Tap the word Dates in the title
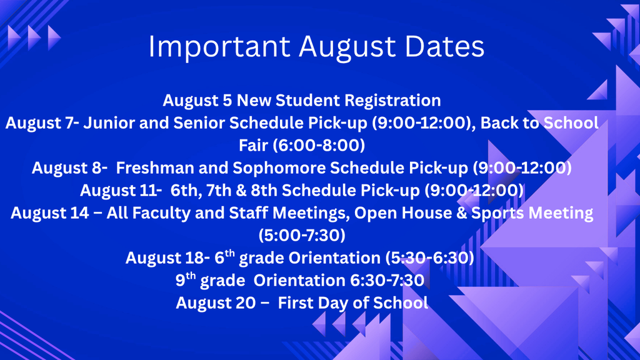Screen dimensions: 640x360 tap(444, 46)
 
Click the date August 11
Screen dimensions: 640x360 tap(119, 191)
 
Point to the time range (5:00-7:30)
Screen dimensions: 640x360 tap(302, 235)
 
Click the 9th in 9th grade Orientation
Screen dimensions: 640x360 tap(186, 279)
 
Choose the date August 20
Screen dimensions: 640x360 tap(216, 303)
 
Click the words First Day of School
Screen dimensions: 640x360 tap(353, 303)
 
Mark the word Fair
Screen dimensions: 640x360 tap(254, 145)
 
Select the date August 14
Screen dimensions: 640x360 tap(50, 213)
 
